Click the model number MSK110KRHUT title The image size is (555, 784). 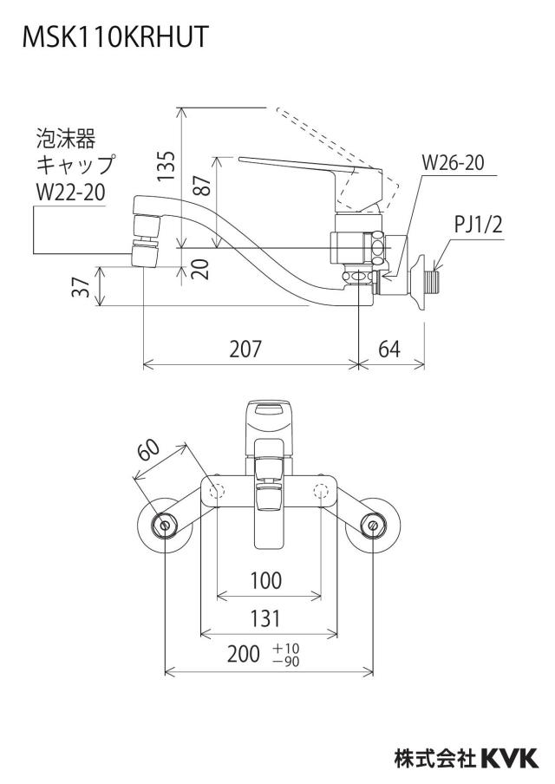tap(115, 36)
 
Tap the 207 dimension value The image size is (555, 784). tap(245, 349)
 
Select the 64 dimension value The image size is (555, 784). tap(389, 349)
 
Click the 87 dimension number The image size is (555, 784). tap(203, 184)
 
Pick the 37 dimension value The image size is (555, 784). tap(81, 286)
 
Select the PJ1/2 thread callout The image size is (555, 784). tap(478, 225)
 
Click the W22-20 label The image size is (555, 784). tap(70, 192)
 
